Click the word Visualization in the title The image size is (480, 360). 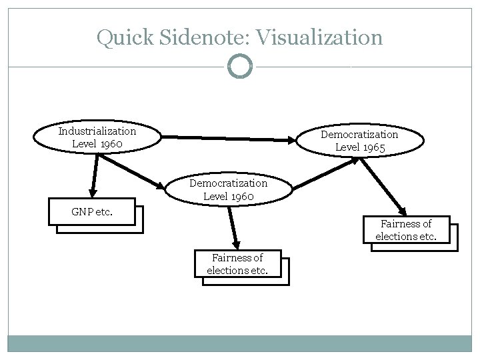click(x=321, y=37)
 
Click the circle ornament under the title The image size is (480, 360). click(x=240, y=67)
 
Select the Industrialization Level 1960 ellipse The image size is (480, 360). click(x=97, y=137)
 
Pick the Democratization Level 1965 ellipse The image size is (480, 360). click(x=359, y=141)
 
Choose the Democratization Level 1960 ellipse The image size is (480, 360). click(x=228, y=189)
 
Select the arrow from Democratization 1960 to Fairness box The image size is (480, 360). click(x=233, y=227)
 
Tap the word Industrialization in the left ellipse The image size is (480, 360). click(x=97, y=131)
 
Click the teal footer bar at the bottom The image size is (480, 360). click(x=240, y=343)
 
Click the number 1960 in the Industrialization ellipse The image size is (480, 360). click(x=110, y=143)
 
